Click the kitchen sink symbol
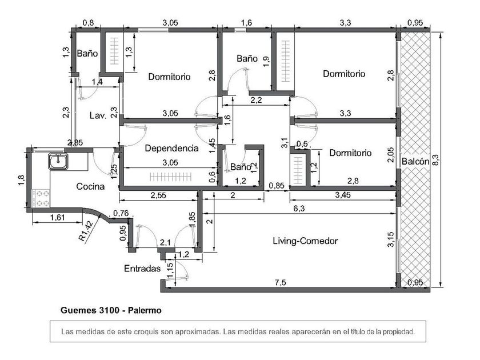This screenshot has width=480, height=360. (x=58, y=161)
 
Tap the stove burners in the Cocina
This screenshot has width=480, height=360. (x=41, y=198)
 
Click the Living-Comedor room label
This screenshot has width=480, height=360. (x=305, y=241)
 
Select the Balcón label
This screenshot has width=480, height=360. (x=415, y=161)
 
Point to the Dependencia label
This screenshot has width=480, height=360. (x=172, y=149)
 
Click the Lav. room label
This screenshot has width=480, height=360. (x=98, y=115)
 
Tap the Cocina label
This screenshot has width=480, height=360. (x=90, y=186)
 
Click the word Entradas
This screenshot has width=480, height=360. (x=142, y=269)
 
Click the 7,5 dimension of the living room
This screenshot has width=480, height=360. (x=281, y=282)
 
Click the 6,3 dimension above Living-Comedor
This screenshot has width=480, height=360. (x=299, y=209)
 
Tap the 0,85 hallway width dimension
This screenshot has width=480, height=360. (x=277, y=186)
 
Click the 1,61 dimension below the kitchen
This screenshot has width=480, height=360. (x=57, y=217)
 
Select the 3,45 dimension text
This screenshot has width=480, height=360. (x=343, y=195)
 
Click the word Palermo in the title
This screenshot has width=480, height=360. (x=145, y=310)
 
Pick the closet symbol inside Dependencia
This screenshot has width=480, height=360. (x=170, y=177)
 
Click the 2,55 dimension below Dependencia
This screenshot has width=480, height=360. (x=158, y=195)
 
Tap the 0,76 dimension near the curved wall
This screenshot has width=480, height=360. (x=121, y=213)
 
